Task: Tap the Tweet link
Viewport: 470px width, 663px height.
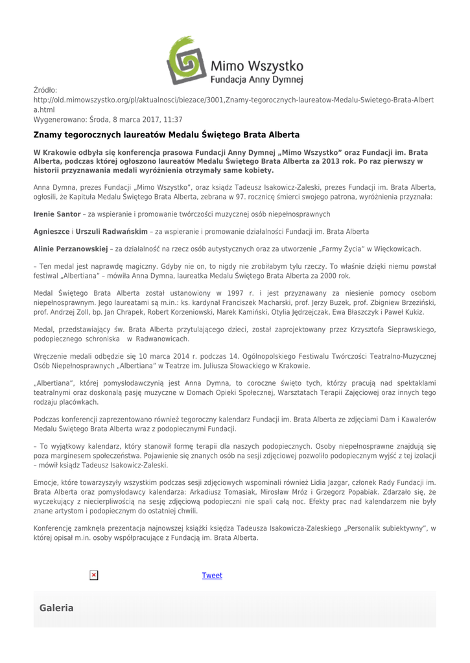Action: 212,575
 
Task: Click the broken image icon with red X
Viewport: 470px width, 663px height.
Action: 93,574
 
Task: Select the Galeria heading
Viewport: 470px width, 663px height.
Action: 56,608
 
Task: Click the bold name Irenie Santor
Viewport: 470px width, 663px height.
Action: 57,214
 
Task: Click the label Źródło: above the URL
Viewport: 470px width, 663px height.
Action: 45,90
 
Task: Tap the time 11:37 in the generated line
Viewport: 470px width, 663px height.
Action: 171,120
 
